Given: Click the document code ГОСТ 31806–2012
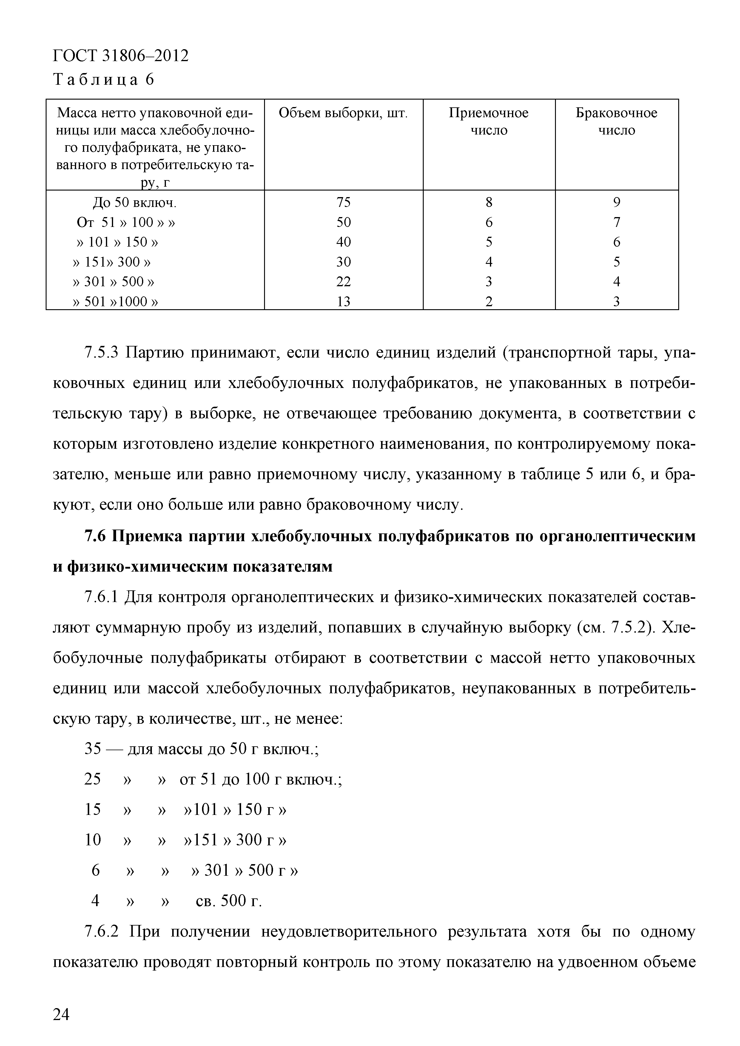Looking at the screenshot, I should coord(121,56).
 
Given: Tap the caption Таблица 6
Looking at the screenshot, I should coord(104,80).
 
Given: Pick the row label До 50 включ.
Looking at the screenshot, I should coord(135,202).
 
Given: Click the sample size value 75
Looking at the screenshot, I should coord(343,202).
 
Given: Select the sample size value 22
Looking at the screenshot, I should coord(343,281).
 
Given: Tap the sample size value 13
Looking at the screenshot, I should coord(343,301).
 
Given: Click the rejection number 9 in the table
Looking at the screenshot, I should coord(616,202).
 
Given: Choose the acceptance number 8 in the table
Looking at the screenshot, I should coord(489,202).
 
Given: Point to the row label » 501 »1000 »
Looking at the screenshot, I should coord(115,301).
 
